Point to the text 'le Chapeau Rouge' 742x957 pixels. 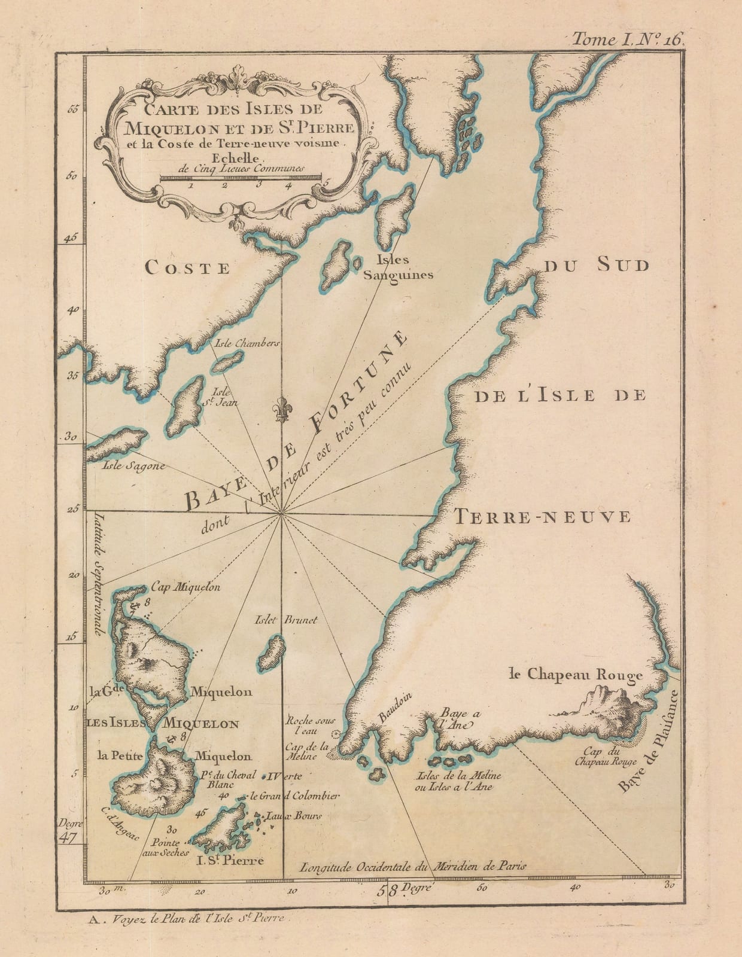575,675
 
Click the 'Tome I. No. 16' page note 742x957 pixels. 627,40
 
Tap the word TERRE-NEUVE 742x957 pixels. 542,516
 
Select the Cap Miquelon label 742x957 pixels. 186,587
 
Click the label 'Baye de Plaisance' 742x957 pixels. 646,742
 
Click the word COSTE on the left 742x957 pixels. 188,268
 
